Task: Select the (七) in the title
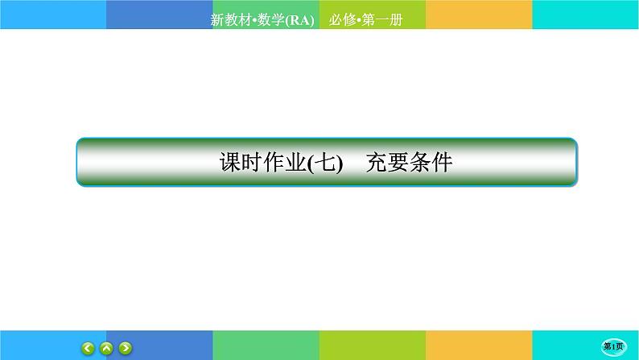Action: [326, 163]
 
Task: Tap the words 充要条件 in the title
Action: [408, 163]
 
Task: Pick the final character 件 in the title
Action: [441, 163]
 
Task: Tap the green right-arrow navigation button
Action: [125, 347]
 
